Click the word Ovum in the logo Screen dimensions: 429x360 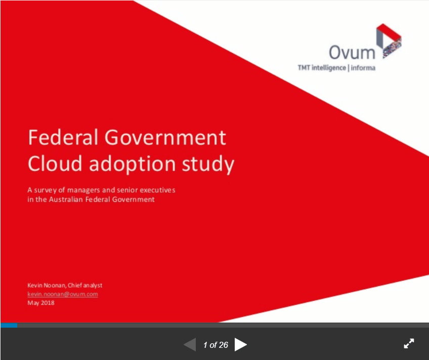tap(352, 52)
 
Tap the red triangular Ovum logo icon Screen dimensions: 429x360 tap(389, 41)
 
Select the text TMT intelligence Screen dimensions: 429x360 tap(322, 68)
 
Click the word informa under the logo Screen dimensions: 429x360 tap(363, 68)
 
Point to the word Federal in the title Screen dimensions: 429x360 tap(63, 137)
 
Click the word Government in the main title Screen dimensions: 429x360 tap(165, 137)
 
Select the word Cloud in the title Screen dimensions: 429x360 tap(55, 163)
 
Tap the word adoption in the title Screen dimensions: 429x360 tap(133, 164)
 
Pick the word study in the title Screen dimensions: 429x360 tap(208, 164)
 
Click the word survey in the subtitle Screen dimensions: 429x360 tap(45, 190)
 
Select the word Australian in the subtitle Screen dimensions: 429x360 tap(66, 199)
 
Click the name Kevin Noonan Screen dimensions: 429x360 tap(47, 285)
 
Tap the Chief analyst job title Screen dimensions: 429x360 tap(85, 285)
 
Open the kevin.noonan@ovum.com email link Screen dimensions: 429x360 tap(63, 294)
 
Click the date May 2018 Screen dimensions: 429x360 tap(41, 303)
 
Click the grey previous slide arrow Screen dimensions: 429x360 tap(190, 344)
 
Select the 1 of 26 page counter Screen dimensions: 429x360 tap(216, 345)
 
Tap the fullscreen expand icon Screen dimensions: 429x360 tap(409, 344)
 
